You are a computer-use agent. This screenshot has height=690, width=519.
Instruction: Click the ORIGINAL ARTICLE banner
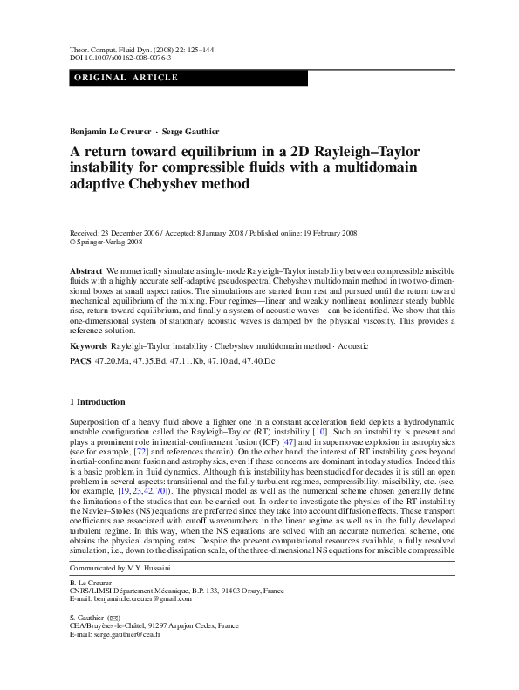click(126, 78)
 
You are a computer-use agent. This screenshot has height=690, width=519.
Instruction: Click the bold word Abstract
click(85, 273)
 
